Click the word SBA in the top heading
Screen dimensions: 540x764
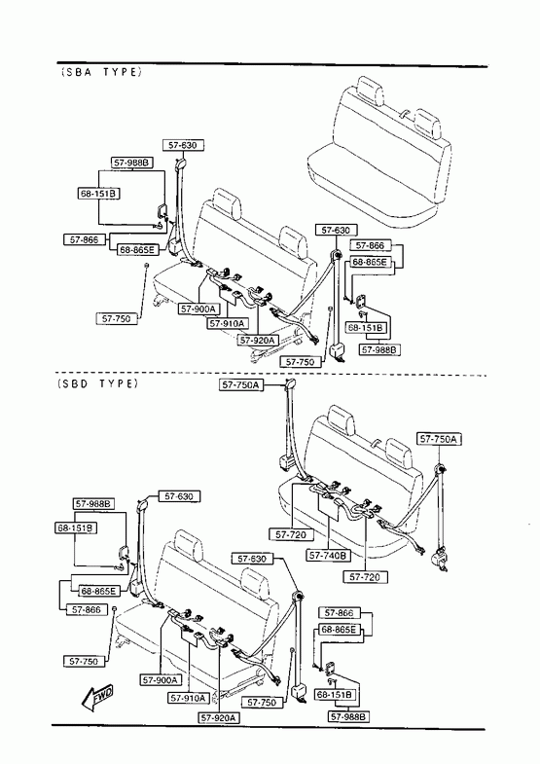[76, 72]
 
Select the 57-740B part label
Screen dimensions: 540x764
[329, 556]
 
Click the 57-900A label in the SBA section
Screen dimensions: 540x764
[198, 309]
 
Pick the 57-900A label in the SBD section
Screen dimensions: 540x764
[161, 679]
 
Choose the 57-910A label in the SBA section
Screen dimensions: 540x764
[228, 323]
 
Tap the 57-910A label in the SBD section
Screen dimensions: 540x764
[189, 698]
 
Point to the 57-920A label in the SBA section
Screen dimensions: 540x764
[258, 340]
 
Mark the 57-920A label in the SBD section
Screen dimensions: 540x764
[219, 717]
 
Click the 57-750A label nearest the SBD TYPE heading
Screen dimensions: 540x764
[241, 385]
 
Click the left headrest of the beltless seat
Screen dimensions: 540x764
[370, 91]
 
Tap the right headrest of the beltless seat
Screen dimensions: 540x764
[428, 124]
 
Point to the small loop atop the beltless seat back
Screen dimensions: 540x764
[403, 114]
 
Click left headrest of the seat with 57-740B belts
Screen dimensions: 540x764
[342, 420]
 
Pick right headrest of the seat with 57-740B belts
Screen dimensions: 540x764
[399, 454]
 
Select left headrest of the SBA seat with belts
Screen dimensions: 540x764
[227, 203]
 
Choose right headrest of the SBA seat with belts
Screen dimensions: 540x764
[294, 242]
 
